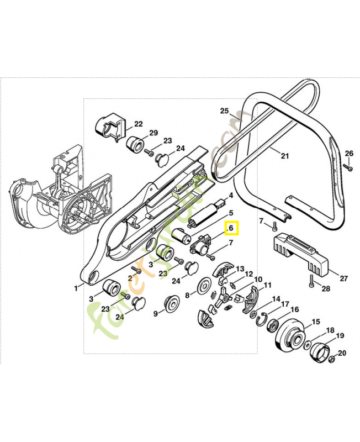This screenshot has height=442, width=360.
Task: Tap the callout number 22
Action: tap(138, 124)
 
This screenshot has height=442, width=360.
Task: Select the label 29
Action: tap(153, 133)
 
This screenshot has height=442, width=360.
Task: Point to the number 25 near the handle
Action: tap(224, 111)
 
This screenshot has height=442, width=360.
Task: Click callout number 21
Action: tap(284, 156)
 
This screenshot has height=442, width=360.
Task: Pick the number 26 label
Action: tap(349, 153)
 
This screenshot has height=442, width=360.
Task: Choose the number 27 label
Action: tap(343, 278)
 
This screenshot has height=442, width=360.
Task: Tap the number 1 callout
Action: tap(76, 288)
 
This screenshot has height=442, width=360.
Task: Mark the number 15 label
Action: tap(316, 322)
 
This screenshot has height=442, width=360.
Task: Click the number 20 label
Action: tap(342, 353)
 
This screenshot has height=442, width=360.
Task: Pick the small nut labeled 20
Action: tap(332, 360)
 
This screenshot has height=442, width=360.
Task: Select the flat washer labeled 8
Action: tap(205, 286)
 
